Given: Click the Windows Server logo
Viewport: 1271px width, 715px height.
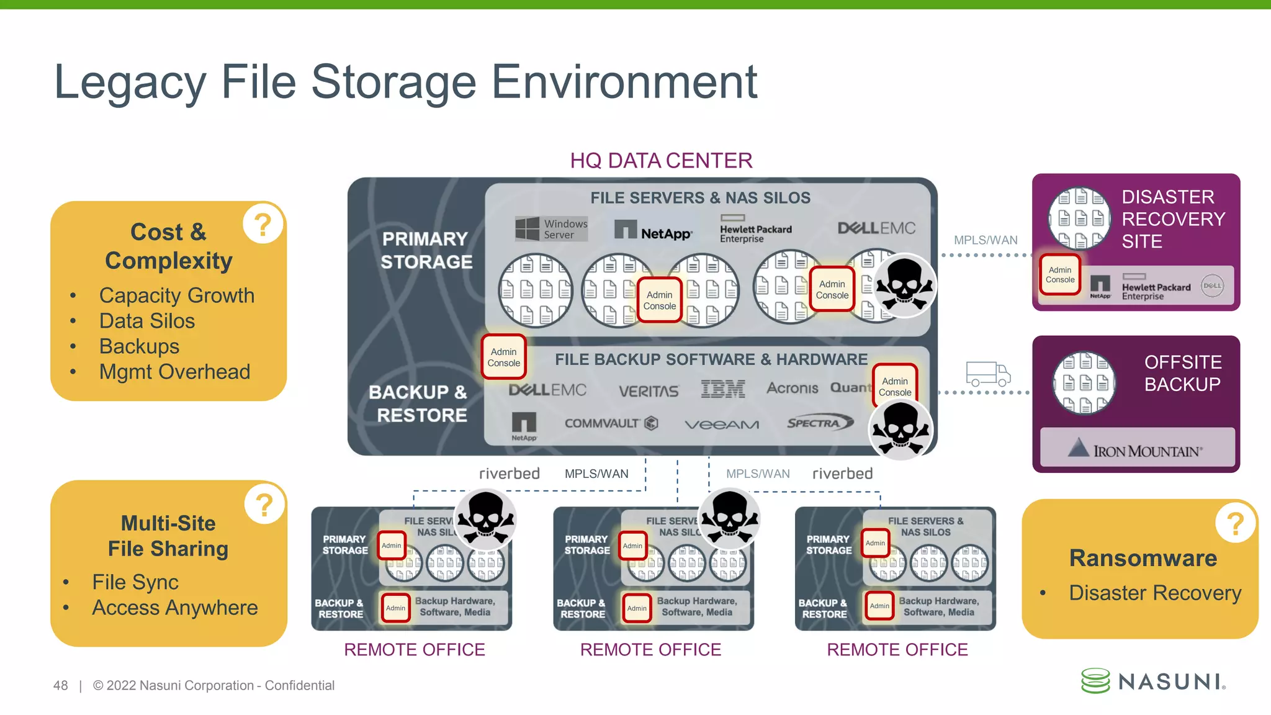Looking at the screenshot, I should pyautogui.click(x=551, y=229).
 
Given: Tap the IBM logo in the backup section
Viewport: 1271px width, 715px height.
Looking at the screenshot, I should pyautogui.click(x=723, y=389).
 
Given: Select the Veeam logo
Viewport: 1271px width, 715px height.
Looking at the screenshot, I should pyautogui.click(x=722, y=425).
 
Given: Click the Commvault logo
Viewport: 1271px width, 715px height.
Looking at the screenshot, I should pyautogui.click(x=611, y=423).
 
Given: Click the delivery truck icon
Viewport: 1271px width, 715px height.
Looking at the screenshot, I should pyautogui.click(x=987, y=374).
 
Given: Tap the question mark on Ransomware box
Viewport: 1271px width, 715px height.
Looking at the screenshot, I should pyautogui.click(x=1235, y=523).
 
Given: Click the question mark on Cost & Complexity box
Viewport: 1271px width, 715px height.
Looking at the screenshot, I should pyautogui.click(x=263, y=223).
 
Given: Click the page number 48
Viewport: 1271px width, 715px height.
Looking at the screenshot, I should pyautogui.click(x=61, y=686).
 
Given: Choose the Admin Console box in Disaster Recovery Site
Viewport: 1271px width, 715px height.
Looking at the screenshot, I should pyautogui.click(x=1060, y=275).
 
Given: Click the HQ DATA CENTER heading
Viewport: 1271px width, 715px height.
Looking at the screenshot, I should pyautogui.click(x=661, y=161).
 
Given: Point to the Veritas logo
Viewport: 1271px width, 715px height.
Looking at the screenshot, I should pyautogui.click(x=649, y=391).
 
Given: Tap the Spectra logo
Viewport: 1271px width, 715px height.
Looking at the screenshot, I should pyautogui.click(x=818, y=423).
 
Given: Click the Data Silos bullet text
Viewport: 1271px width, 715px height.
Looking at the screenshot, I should pyautogui.click(x=147, y=321).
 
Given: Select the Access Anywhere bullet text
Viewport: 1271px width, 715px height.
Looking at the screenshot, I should pyautogui.click(x=175, y=608).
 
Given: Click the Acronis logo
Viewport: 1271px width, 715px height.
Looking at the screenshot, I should pyautogui.click(x=792, y=389).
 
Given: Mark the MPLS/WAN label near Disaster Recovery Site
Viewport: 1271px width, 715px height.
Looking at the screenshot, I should pyautogui.click(x=986, y=240).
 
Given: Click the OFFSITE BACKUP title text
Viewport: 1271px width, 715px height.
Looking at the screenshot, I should pyautogui.click(x=1182, y=373).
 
